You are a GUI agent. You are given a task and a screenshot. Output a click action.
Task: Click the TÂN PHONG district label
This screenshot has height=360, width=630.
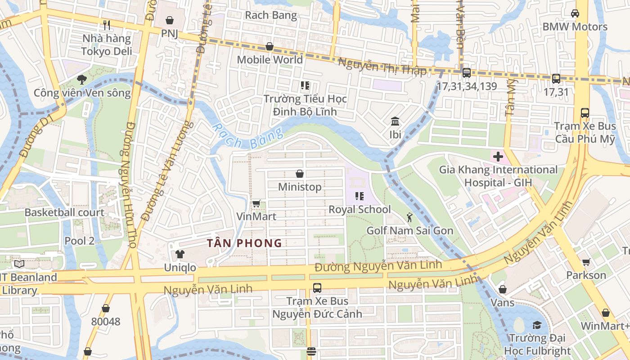click(244, 243)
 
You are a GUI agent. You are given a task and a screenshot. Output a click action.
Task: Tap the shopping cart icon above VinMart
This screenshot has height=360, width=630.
click(256, 204)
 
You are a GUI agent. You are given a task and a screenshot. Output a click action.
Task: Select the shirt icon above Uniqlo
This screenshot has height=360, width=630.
click(180, 255)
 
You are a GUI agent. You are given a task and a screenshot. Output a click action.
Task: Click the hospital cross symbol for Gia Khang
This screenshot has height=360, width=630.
click(498, 157)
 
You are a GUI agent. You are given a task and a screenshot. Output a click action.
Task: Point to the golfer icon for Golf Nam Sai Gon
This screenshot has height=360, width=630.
click(409, 218)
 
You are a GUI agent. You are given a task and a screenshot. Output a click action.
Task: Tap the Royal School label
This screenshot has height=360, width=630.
click(360, 209)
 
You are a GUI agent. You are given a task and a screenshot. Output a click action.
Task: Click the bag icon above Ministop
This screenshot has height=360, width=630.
click(300, 174)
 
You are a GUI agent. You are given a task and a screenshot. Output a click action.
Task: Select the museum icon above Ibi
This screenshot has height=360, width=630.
click(396, 121)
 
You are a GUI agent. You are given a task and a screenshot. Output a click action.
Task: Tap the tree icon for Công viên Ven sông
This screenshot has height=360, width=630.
click(81, 80)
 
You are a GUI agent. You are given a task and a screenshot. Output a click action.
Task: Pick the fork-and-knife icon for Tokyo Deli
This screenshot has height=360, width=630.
click(107, 25)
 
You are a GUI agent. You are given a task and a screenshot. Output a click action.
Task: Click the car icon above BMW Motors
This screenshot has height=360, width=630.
click(575, 13)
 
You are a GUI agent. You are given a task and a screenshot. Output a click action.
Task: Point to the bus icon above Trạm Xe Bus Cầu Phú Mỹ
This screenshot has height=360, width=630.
click(585, 113)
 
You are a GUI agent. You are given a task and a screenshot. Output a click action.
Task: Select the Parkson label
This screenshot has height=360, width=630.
click(586, 275)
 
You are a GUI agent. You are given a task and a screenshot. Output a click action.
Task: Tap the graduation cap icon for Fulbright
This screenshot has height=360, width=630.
click(537, 325)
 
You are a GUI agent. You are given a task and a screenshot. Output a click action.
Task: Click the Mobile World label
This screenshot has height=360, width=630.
click(270, 59)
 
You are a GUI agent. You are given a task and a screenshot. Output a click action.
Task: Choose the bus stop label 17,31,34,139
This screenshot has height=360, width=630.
click(467, 85)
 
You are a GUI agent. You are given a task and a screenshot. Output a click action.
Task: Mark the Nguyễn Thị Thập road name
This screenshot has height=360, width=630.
click(382, 67)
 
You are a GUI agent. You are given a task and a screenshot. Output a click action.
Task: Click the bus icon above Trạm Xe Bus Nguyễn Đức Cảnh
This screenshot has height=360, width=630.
click(317, 288)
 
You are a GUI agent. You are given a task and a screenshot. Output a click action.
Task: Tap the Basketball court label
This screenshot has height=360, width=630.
click(64, 212)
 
